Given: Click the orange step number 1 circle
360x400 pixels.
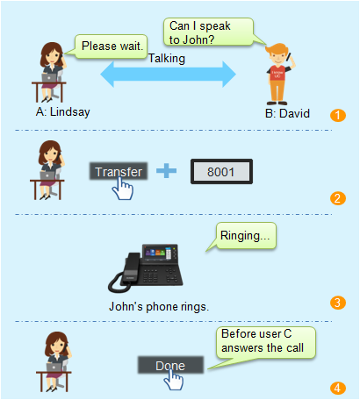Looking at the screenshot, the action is pyautogui.click(x=338, y=115).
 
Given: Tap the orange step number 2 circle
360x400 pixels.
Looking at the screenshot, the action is pyautogui.click(x=338, y=198).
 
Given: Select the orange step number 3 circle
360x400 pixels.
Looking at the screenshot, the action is pyautogui.click(x=338, y=303).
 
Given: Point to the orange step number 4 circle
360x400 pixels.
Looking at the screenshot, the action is pyautogui.click(x=338, y=388).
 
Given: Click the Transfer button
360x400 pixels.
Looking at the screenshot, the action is pyautogui.click(x=119, y=171).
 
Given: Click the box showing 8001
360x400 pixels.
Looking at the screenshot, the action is pyautogui.click(x=221, y=172).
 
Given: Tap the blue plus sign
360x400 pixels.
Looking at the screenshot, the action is pyautogui.click(x=166, y=171).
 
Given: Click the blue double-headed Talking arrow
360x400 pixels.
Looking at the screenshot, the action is pyautogui.click(x=168, y=75).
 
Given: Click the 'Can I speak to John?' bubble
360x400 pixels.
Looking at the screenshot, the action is pyautogui.click(x=208, y=32).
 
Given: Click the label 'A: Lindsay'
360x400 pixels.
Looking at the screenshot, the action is pyautogui.click(x=62, y=111).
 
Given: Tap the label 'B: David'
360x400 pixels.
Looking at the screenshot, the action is pyautogui.click(x=287, y=113).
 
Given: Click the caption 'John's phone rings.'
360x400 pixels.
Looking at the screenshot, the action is pyautogui.click(x=159, y=307).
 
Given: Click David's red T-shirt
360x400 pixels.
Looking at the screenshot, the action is pyautogui.click(x=277, y=74).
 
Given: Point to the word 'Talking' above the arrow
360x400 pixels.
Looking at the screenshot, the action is pyautogui.click(x=167, y=59).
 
